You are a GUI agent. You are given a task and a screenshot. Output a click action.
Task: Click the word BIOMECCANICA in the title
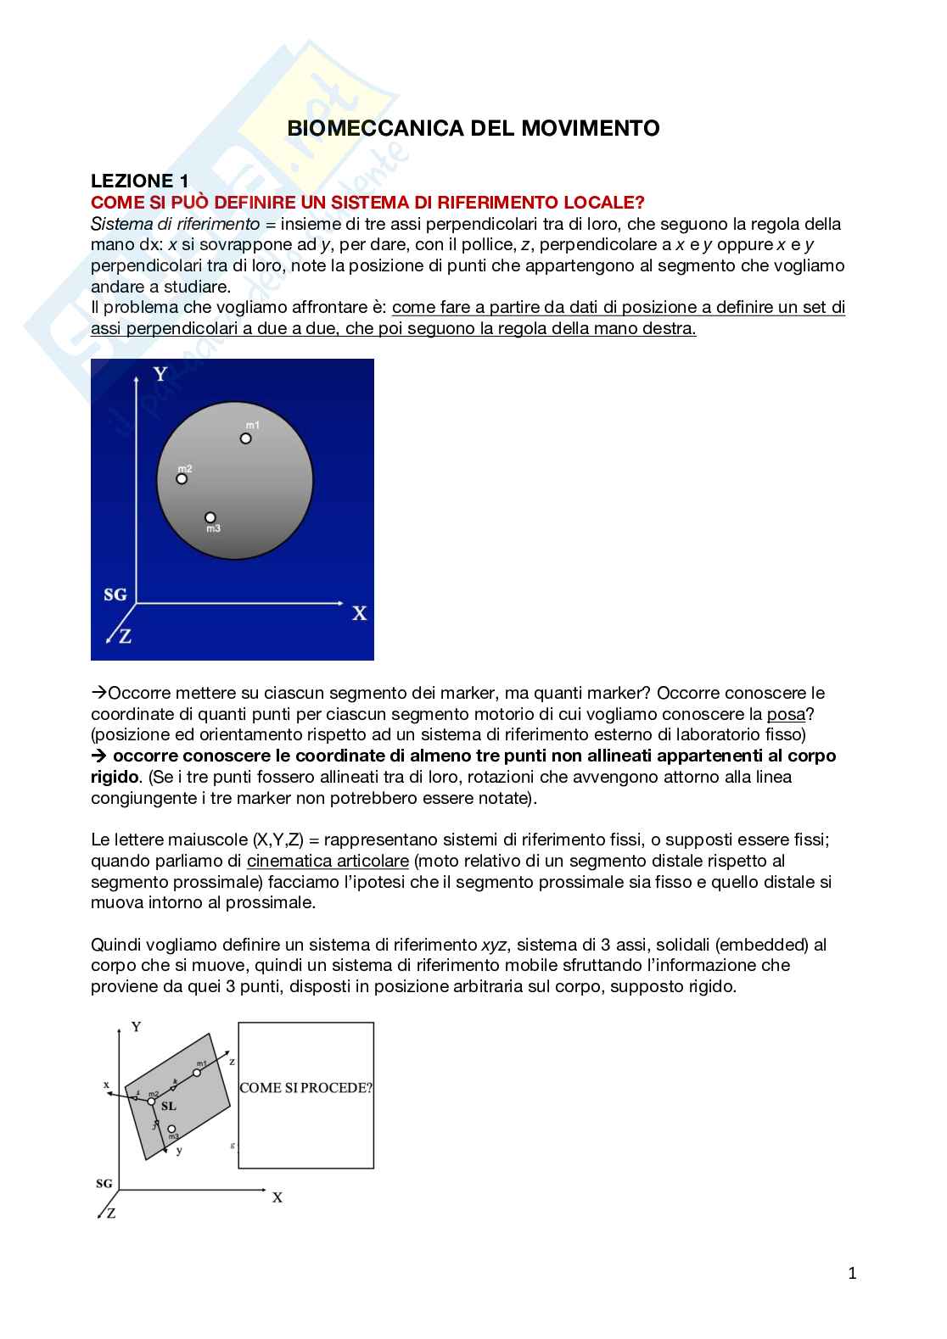coord(356,128)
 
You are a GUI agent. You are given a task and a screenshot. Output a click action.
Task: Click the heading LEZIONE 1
coord(139,181)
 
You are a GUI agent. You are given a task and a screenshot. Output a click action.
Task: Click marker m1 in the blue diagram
coord(245,438)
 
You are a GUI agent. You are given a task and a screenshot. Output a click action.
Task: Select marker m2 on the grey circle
coord(182,478)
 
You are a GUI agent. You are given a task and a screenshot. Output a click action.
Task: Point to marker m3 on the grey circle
coord(210,517)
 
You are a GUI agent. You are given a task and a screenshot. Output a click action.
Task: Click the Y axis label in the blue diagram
coord(160,374)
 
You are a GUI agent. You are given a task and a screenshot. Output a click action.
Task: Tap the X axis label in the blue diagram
coord(359,613)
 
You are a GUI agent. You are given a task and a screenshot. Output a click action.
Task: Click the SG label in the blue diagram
coord(115,594)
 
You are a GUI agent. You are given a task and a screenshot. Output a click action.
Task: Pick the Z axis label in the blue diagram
coord(125,636)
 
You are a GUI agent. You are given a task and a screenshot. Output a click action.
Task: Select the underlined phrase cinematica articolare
coord(328,861)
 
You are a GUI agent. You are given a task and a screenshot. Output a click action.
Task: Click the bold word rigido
coord(115,776)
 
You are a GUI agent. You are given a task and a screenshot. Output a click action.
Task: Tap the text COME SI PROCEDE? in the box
coord(305,1088)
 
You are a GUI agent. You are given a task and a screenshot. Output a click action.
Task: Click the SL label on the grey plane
coord(168,1106)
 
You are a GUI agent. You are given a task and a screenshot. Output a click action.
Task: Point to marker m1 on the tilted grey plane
coord(197,1073)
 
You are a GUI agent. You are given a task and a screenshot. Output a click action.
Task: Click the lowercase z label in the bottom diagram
coord(232,1060)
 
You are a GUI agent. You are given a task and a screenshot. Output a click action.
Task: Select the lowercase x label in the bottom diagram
coord(107,1084)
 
